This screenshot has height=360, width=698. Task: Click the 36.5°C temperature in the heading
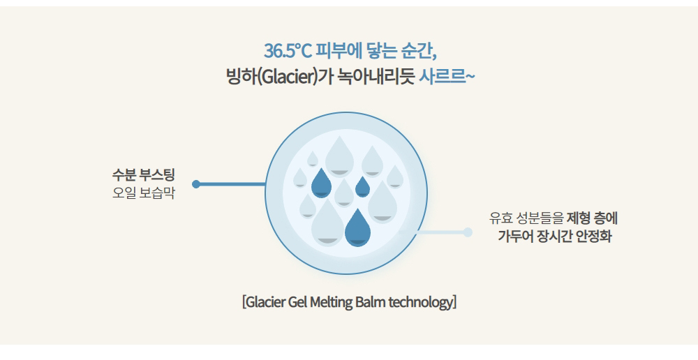pyautogui.click(x=288, y=51)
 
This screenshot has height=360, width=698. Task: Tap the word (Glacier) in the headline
pyautogui.click(x=288, y=77)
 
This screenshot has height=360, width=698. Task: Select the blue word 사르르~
pyautogui.click(x=447, y=77)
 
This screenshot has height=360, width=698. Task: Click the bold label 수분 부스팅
pyautogui.click(x=143, y=174)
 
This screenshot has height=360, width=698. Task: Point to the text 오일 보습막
pyautogui.click(x=143, y=193)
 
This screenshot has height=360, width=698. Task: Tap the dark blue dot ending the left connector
pyautogui.click(x=196, y=183)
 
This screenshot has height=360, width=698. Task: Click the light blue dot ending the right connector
pyautogui.click(x=468, y=232)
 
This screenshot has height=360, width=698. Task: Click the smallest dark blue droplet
pyautogui.click(x=362, y=187)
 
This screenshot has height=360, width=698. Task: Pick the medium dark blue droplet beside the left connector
pyautogui.click(x=321, y=183)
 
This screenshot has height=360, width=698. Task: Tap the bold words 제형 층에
pyautogui.click(x=592, y=218)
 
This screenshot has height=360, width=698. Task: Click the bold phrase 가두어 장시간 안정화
pyautogui.click(x=554, y=236)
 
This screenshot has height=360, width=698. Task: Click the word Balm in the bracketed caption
pyautogui.click(x=371, y=302)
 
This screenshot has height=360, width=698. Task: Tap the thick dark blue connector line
pyautogui.click(x=230, y=183)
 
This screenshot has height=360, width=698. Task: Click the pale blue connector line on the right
pyautogui.click(x=433, y=232)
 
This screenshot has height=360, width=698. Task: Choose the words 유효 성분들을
pyautogui.click(x=526, y=218)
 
